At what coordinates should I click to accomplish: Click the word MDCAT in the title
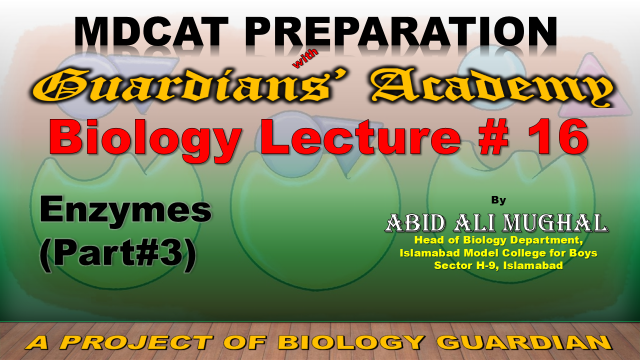point(151,32)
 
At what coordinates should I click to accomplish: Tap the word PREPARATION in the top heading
point(401,32)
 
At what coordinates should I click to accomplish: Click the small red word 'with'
point(305,60)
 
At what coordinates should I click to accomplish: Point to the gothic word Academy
point(492,88)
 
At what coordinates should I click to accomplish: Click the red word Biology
point(145,139)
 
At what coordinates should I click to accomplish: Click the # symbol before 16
point(494,137)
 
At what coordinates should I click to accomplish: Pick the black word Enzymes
point(126,211)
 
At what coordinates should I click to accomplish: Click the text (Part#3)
point(118,254)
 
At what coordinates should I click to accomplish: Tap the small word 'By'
point(498,200)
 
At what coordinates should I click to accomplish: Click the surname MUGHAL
point(555,223)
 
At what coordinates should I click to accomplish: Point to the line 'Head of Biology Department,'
point(498,240)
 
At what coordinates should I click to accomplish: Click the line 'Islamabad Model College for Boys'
point(498,253)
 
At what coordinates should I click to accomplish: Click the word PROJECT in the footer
point(138,342)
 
